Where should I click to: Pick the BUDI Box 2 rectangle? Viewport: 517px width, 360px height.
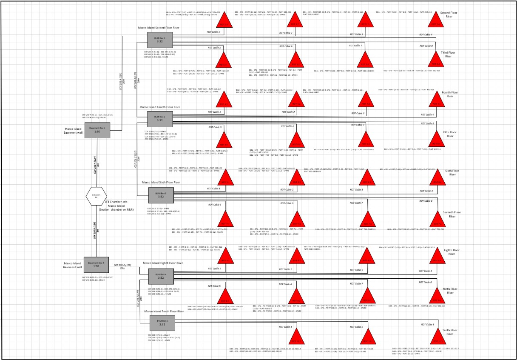click(x=159, y=118)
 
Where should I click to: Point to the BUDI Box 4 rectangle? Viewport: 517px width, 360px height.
click(x=161, y=276)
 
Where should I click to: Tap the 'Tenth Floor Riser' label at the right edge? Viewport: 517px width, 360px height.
click(x=449, y=332)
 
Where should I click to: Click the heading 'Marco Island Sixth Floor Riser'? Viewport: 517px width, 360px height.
click(x=161, y=182)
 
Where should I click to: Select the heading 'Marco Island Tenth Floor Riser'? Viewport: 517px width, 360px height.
click(x=164, y=311)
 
